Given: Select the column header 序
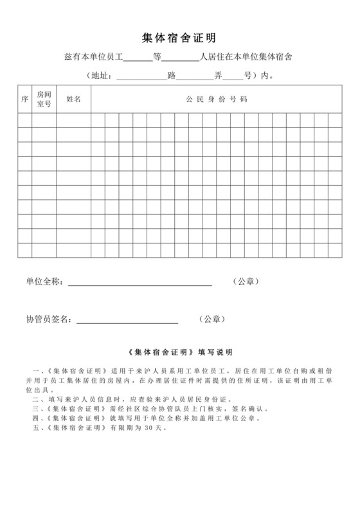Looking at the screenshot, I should [24, 100].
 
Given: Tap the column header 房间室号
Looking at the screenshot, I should [44, 100].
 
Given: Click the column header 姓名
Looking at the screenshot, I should [73, 100].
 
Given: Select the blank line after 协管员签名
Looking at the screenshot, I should [127, 319].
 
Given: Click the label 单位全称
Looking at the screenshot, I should [44, 281].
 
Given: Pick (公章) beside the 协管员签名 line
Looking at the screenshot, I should [212, 319].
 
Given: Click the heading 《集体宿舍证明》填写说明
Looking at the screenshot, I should [180, 352].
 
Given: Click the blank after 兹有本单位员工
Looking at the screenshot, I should [138, 58].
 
